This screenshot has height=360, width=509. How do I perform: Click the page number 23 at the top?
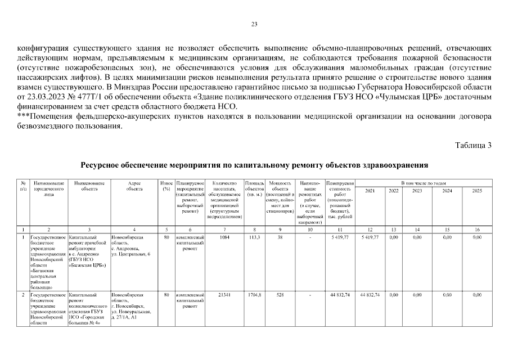[254, 24]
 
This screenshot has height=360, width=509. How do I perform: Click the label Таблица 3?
[473, 145]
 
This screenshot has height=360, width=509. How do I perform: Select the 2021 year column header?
[370, 191]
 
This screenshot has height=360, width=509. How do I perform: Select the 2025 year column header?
[477, 191]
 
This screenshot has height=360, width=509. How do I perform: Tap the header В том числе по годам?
[424, 183]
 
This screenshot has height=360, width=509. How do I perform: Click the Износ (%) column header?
[166, 186]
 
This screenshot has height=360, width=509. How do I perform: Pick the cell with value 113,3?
[255, 238]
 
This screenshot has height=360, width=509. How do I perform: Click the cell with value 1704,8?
[255, 295]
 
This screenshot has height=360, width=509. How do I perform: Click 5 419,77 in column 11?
[340, 238]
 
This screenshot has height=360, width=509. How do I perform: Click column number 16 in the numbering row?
[477, 229]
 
